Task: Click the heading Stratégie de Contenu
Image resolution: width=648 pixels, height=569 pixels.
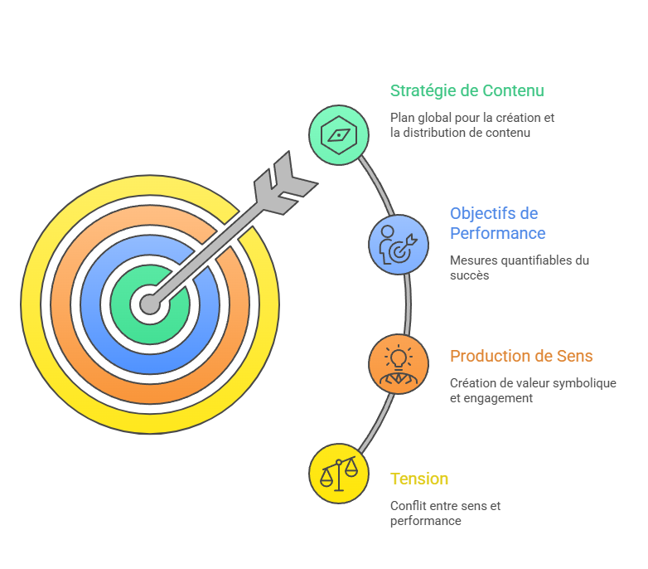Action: pyautogui.click(x=467, y=90)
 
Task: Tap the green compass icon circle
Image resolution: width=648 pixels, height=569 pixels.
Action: pyautogui.click(x=339, y=134)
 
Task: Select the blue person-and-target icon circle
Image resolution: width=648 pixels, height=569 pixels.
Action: pyautogui.click(x=399, y=244)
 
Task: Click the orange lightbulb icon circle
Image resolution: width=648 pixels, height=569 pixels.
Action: pyautogui.click(x=399, y=364)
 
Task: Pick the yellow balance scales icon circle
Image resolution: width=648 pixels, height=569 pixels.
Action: pyautogui.click(x=339, y=474)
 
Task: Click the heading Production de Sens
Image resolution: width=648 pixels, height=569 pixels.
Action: pyautogui.click(x=521, y=356)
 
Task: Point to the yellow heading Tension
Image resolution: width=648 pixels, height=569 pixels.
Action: pyautogui.click(x=419, y=479)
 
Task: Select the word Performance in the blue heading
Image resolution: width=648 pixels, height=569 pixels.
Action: pyautogui.click(x=497, y=233)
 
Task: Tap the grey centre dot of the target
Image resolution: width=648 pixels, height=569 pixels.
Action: pyautogui.click(x=150, y=304)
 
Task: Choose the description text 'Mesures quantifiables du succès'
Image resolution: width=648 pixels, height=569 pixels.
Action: pyautogui.click(x=519, y=267)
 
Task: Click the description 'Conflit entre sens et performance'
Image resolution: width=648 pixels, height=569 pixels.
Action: pyautogui.click(x=445, y=513)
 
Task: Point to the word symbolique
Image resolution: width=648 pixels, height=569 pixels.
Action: pyautogui.click(x=587, y=383)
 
